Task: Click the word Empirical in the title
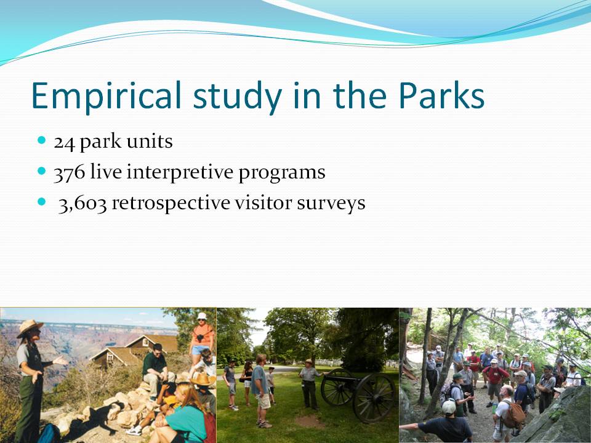point(107,96)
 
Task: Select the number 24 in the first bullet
point(64,143)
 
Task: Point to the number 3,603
point(82,204)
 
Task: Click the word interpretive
point(180,172)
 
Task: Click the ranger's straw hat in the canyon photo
point(29,327)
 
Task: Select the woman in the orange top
point(202,335)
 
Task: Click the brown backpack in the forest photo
point(513,414)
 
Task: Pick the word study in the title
point(238,96)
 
